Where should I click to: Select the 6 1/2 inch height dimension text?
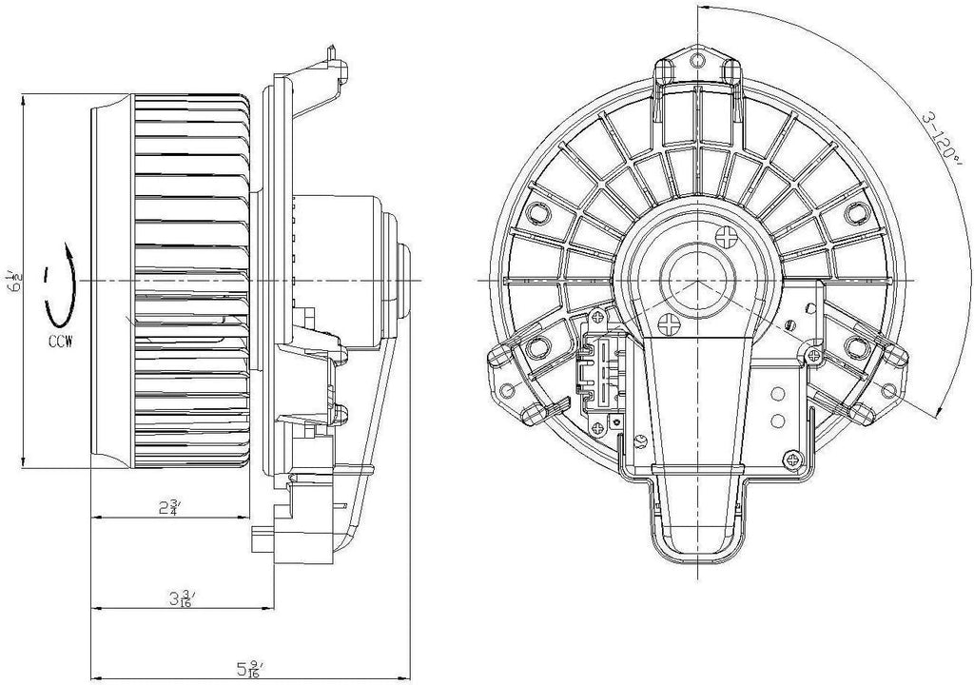[11, 281]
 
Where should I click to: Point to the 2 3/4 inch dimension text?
[172, 507]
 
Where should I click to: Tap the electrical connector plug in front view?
[600, 375]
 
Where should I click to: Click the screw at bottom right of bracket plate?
[791, 460]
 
